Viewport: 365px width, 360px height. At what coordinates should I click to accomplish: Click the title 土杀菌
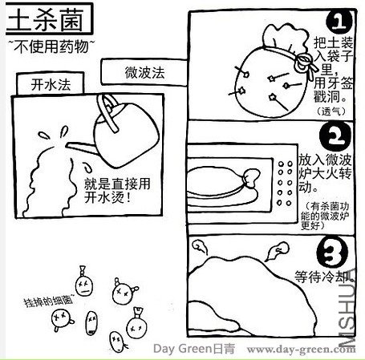point(46,20)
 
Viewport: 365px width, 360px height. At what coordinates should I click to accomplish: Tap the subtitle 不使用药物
point(51,47)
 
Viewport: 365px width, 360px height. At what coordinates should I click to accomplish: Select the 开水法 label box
point(51,84)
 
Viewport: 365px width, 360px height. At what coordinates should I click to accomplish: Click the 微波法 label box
point(144,72)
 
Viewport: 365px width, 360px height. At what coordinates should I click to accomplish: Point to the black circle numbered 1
point(339,22)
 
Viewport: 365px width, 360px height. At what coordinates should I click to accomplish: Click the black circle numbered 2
point(335,136)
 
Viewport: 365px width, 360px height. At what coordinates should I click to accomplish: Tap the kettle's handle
point(107,112)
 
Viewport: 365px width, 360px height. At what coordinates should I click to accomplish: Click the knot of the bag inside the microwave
point(250,177)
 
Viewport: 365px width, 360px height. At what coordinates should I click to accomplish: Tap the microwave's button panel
point(285,183)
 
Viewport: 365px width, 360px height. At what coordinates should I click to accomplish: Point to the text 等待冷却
point(324,277)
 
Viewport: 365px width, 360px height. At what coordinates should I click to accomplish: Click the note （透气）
point(331,111)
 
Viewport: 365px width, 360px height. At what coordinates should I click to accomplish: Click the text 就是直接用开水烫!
point(117,191)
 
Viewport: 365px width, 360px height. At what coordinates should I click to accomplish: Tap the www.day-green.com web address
point(301,349)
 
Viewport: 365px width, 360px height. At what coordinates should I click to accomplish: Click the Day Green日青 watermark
point(194,349)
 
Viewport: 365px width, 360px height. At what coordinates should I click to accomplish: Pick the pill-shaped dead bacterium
point(91,323)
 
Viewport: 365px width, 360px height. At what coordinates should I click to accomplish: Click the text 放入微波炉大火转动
point(325,172)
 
